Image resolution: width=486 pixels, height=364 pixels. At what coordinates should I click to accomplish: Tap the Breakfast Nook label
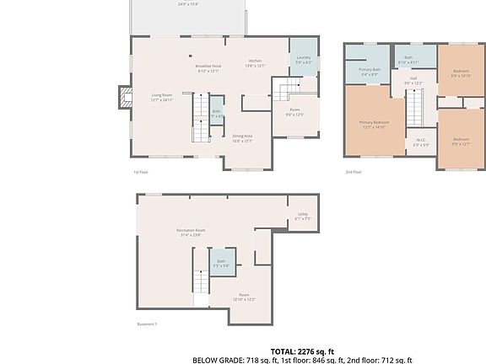pyautogui.click(x=208, y=68)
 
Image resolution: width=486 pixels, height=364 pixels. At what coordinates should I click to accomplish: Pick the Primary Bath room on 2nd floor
pyautogui.click(x=370, y=72)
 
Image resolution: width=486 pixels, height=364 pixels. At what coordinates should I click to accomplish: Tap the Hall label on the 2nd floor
pyautogui.click(x=413, y=81)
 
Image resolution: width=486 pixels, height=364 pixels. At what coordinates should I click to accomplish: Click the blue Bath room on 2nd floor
pyautogui.click(x=408, y=58)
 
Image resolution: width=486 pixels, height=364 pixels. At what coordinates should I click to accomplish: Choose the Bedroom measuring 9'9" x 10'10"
pyautogui.click(x=461, y=73)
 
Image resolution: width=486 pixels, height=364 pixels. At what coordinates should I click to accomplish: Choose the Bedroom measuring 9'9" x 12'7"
pyautogui.click(x=461, y=142)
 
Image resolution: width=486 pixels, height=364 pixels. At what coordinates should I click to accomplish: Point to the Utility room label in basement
pyautogui.click(x=303, y=217)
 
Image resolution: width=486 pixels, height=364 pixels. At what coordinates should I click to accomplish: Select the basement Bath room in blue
pyautogui.click(x=221, y=263)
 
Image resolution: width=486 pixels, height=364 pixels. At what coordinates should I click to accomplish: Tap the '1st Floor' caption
pyautogui.click(x=141, y=173)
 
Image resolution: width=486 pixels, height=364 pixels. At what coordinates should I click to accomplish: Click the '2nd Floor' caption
pyautogui.click(x=353, y=173)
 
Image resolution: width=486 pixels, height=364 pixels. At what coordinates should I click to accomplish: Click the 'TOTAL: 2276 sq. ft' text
pyautogui.click(x=302, y=351)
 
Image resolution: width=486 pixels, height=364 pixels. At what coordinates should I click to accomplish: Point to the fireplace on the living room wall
pyautogui.click(x=126, y=96)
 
